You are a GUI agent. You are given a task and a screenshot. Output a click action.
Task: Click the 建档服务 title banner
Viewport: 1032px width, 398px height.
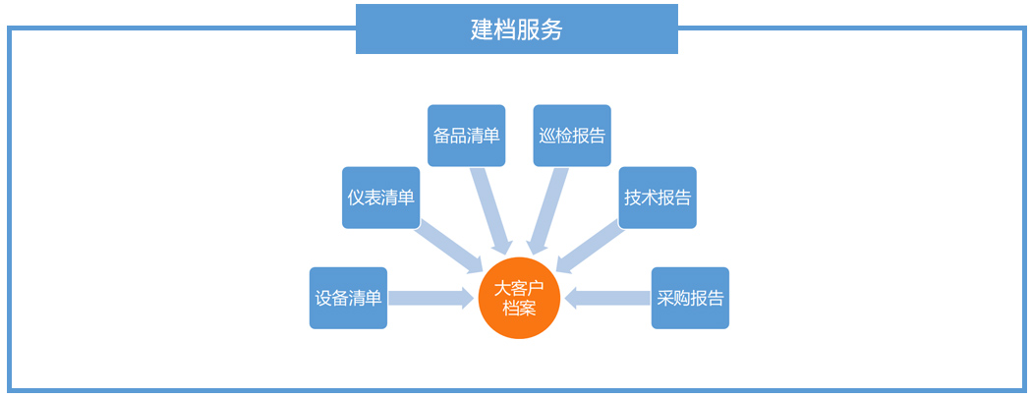[516, 28]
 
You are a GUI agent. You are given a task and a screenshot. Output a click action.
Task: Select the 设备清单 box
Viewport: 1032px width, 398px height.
[348, 298]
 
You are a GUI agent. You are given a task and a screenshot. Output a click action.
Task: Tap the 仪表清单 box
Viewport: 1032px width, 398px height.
[380, 198]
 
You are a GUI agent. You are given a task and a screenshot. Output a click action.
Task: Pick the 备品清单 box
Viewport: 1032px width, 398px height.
[467, 136]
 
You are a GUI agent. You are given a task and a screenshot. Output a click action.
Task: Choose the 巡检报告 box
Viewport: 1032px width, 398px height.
[572, 136]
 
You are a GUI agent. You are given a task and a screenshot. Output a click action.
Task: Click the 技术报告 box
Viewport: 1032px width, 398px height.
[658, 198]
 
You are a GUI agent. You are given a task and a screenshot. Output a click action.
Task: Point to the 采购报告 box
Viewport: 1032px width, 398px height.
[690, 298]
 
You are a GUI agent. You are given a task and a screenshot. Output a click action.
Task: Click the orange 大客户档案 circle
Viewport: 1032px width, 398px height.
[519, 299]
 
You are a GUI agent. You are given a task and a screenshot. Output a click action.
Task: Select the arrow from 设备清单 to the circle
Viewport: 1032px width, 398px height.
[430, 298]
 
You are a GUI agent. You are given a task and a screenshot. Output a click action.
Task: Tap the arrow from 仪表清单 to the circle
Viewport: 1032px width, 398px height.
[447, 247]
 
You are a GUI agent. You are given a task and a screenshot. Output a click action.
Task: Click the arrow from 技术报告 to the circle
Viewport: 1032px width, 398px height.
[591, 247]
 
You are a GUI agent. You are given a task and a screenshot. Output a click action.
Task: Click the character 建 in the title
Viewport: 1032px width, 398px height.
[482, 29]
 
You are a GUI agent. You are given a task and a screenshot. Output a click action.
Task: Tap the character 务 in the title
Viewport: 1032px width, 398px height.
[552, 29]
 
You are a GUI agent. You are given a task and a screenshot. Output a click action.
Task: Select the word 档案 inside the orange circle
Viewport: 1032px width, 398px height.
[519, 309]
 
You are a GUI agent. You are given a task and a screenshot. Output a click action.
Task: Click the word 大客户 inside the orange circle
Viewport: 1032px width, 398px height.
[519, 289]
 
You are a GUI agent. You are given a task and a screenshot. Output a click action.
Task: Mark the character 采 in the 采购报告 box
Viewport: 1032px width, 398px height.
[665, 298]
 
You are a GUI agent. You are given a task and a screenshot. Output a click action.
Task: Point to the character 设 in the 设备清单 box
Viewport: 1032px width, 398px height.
[323, 298]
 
